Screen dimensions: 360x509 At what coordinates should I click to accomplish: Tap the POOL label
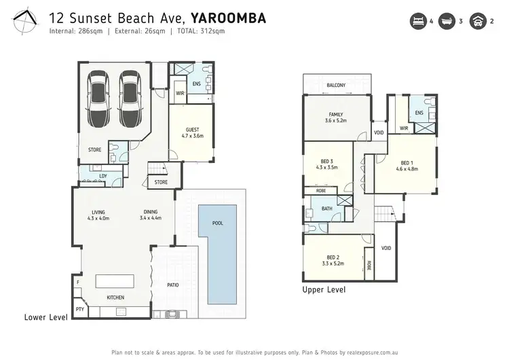[217, 223]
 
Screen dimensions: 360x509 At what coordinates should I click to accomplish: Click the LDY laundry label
[102, 176]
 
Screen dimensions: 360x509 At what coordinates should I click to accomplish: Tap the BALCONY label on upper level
[336, 85]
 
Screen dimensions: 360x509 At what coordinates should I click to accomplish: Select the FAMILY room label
[335, 114]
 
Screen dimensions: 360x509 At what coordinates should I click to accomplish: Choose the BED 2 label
[333, 257]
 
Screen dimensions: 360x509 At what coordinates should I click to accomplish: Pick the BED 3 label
[327, 162]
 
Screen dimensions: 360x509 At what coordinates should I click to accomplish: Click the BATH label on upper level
[326, 209]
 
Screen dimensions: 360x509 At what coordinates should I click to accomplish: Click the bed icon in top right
[419, 21]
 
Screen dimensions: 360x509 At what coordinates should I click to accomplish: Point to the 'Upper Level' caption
[324, 289]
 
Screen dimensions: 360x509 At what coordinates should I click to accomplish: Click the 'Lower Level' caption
[45, 317]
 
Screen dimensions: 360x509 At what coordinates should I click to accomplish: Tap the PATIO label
[174, 285]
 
